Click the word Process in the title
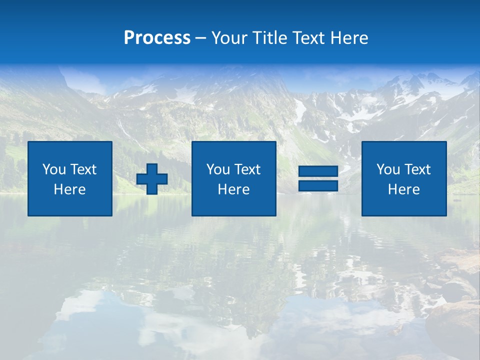[157, 38]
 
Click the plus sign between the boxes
[152, 179]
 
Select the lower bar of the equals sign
[318, 185]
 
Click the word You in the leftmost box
[54, 169]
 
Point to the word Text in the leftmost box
[83, 169]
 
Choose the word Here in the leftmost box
[69, 189]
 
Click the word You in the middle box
[218, 169]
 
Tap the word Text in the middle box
[247, 169]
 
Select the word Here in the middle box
[233, 189]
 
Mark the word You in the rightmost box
[388, 169]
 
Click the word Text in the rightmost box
[417, 169]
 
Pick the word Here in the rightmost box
[403, 189]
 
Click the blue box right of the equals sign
[403, 205]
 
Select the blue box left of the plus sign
[69, 205]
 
